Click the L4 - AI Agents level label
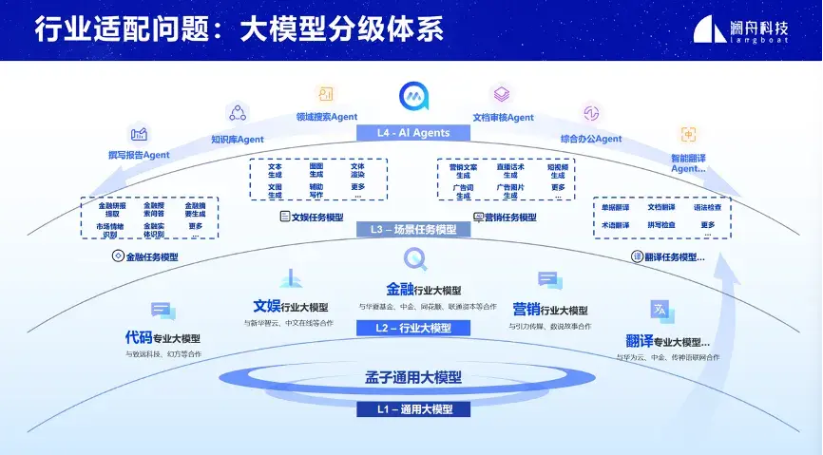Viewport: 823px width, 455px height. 411,133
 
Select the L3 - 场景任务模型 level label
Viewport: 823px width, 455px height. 412,230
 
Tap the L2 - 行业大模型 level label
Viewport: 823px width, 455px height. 412,328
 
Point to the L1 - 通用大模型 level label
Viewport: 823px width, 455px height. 412,409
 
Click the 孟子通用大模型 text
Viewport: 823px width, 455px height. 412,378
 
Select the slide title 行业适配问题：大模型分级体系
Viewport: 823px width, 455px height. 239,29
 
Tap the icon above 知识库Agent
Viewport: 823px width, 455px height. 237,114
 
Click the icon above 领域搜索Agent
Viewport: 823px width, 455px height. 326,94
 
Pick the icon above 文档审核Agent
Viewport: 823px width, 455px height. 502,94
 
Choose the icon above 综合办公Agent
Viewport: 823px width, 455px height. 590,114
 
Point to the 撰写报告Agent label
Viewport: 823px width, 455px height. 139,155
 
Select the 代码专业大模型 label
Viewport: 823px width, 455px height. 163,338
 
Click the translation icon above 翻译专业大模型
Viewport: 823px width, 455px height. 661,310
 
